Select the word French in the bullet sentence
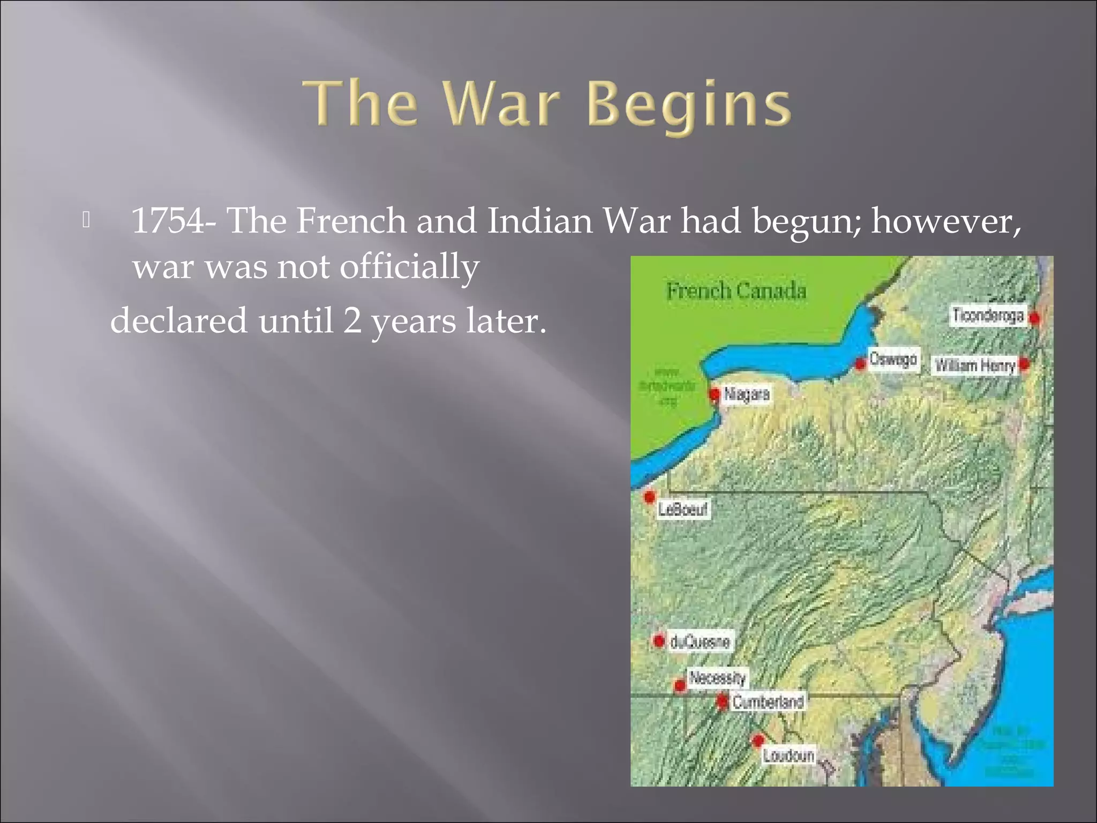(351, 220)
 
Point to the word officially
(409, 267)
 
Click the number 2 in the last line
(352, 321)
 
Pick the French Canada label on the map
(736, 291)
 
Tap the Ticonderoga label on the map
(988, 316)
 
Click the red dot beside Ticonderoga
(1034, 318)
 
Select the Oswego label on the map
(892, 359)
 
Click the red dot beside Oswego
(860, 364)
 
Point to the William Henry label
(975, 365)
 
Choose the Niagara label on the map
(747, 394)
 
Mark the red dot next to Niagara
(714, 394)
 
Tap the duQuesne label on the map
(700, 641)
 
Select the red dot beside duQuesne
(659, 640)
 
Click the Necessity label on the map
(717, 678)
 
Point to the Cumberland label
(768, 702)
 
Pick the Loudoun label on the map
(788, 755)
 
